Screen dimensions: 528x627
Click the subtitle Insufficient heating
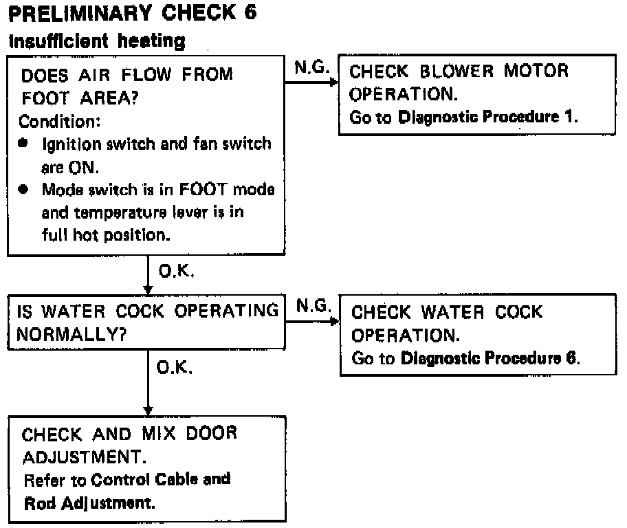coord(96,41)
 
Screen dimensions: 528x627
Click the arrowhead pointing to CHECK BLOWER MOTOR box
coord(335,82)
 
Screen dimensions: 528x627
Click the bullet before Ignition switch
coord(25,145)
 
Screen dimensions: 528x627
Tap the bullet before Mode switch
coord(25,189)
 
